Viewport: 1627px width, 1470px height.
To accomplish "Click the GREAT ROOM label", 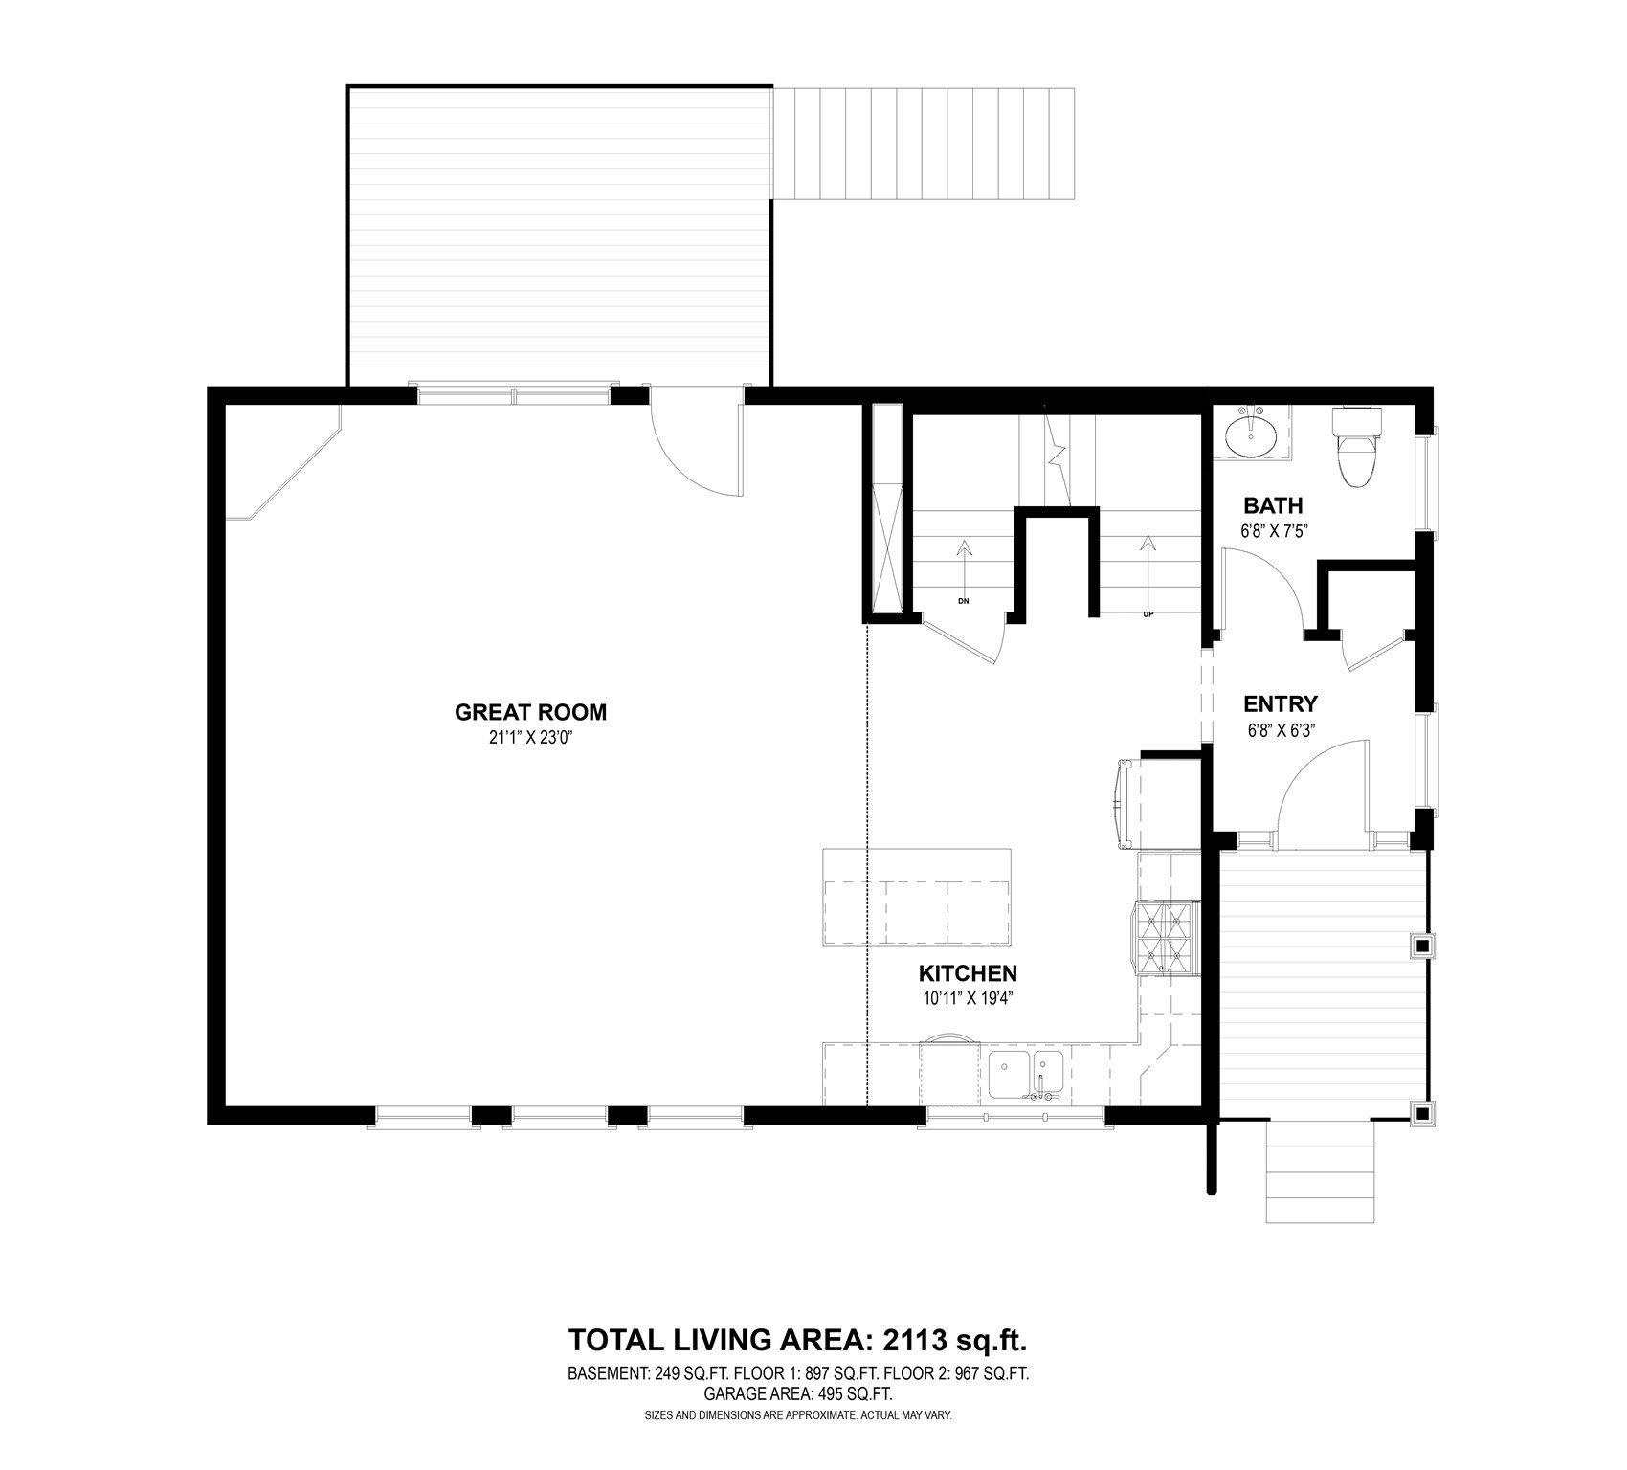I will (530, 712).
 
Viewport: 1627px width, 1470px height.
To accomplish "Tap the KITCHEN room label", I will (967, 973).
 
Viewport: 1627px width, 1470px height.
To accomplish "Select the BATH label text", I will (1272, 505).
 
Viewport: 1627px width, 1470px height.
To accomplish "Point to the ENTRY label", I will (1280, 704).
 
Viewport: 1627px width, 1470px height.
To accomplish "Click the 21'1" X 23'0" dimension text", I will (530, 738).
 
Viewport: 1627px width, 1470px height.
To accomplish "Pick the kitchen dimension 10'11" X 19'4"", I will (967, 998).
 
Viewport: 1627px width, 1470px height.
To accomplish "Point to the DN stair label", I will (964, 601).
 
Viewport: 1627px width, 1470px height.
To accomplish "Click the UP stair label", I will (1148, 614).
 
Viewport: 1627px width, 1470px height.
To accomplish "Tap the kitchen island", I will (916, 898).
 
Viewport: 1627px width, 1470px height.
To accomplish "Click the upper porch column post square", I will (1422, 947).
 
